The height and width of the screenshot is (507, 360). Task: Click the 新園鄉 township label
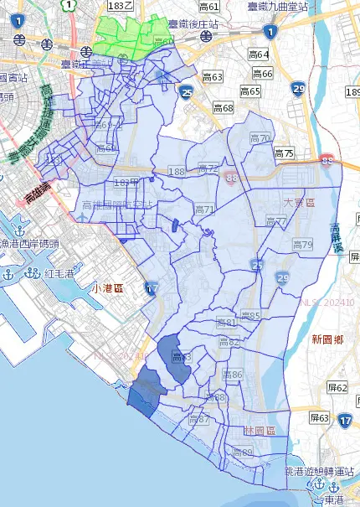coord(327,339)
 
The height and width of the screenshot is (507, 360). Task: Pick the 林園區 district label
coord(260,429)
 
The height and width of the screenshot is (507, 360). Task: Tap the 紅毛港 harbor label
coord(61,273)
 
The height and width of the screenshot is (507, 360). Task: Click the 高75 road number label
coord(284,153)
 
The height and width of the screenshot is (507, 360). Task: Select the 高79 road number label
coord(302,245)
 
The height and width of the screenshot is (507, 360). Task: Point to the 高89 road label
coord(242,453)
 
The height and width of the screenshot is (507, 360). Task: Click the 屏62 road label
coord(337,388)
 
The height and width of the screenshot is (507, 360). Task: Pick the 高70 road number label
coord(260,138)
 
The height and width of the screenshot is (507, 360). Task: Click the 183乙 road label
coord(121,6)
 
